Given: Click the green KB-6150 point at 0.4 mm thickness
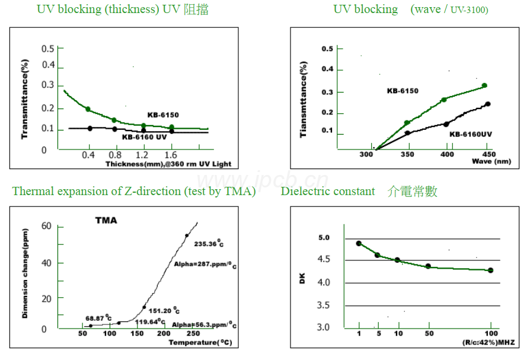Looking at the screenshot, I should [x=88, y=109].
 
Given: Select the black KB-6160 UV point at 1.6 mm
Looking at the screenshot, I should [x=171, y=130].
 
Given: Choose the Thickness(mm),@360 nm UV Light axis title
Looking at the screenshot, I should [x=168, y=164].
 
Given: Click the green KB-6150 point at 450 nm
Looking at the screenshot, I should [x=484, y=85].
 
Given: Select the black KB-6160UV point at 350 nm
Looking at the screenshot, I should [x=407, y=133].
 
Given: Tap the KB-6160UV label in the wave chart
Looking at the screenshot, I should [x=471, y=134].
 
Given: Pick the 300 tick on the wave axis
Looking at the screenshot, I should [x=366, y=154].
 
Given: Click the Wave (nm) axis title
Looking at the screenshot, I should [x=491, y=161].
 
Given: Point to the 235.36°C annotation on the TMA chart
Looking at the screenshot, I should [x=208, y=244].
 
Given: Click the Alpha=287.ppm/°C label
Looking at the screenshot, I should [x=205, y=265].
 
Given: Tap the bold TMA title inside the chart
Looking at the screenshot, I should [x=106, y=221].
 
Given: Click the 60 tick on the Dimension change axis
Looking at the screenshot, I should [x=46, y=226].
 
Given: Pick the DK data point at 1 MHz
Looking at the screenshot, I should [x=359, y=243].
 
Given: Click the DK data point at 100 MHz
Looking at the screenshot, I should [x=490, y=270].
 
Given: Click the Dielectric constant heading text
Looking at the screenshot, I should [x=328, y=191].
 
